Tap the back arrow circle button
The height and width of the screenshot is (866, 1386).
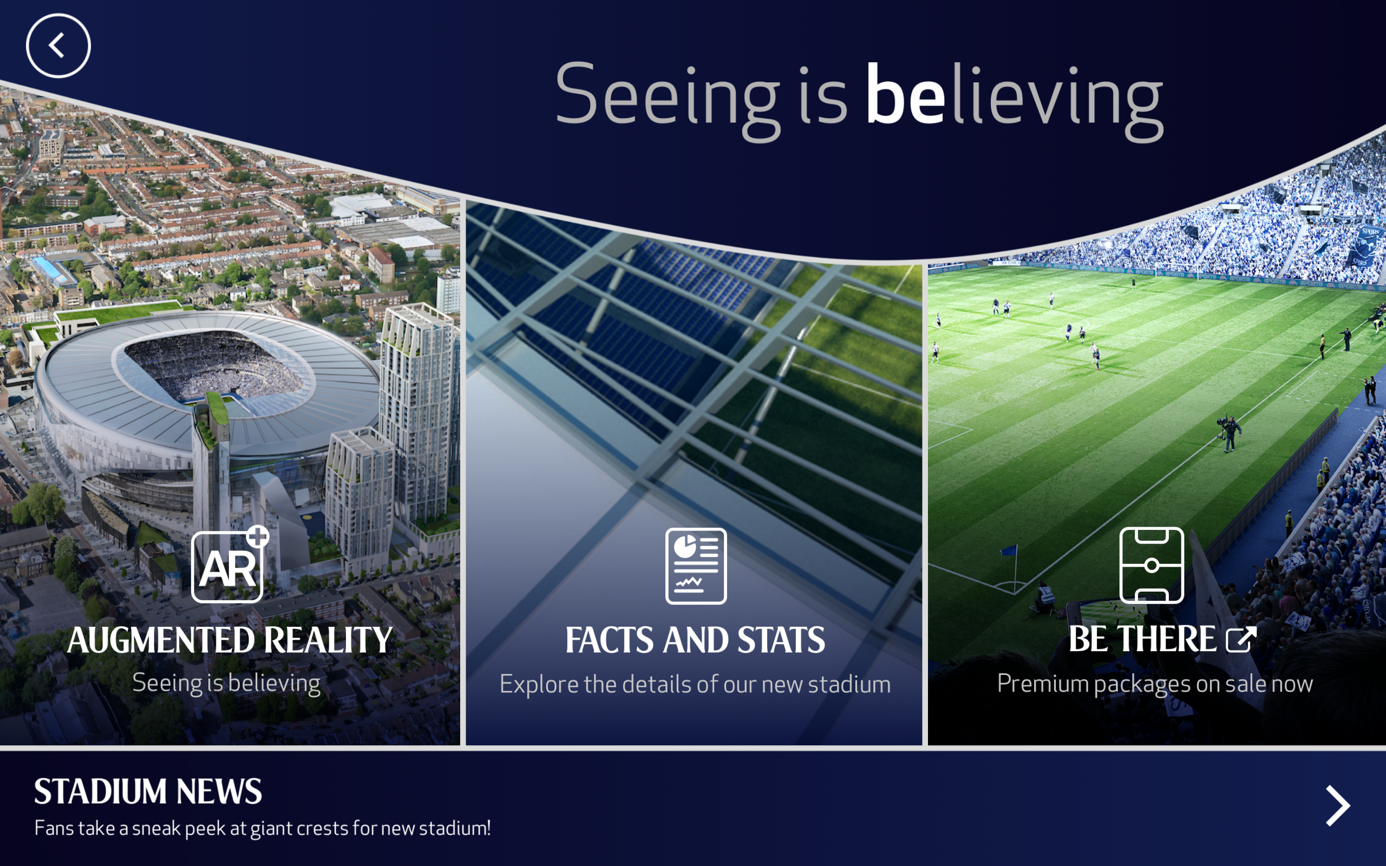click(x=58, y=46)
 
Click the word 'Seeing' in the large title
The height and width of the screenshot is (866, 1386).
click(x=667, y=100)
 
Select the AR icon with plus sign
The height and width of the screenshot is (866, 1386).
click(x=230, y=564)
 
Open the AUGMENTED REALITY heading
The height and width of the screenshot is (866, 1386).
click(x=230, y=640)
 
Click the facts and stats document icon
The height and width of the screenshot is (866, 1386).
click(x=696, y=566)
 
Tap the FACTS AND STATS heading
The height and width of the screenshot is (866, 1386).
click(x=695, y=640)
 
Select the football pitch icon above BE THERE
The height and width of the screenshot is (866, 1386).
click(x=1152, y=565)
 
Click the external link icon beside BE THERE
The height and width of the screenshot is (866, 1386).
click(x=1241, y=639)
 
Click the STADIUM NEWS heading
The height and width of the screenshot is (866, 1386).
click(x=148, y=791)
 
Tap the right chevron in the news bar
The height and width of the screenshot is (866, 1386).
click(x=1338, y=806)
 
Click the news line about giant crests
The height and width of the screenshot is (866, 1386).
click(x=262, y=828)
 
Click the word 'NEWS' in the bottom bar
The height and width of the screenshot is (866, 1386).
click(x=219, y=791)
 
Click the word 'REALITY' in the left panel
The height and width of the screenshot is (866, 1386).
click(x=328, y=640)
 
